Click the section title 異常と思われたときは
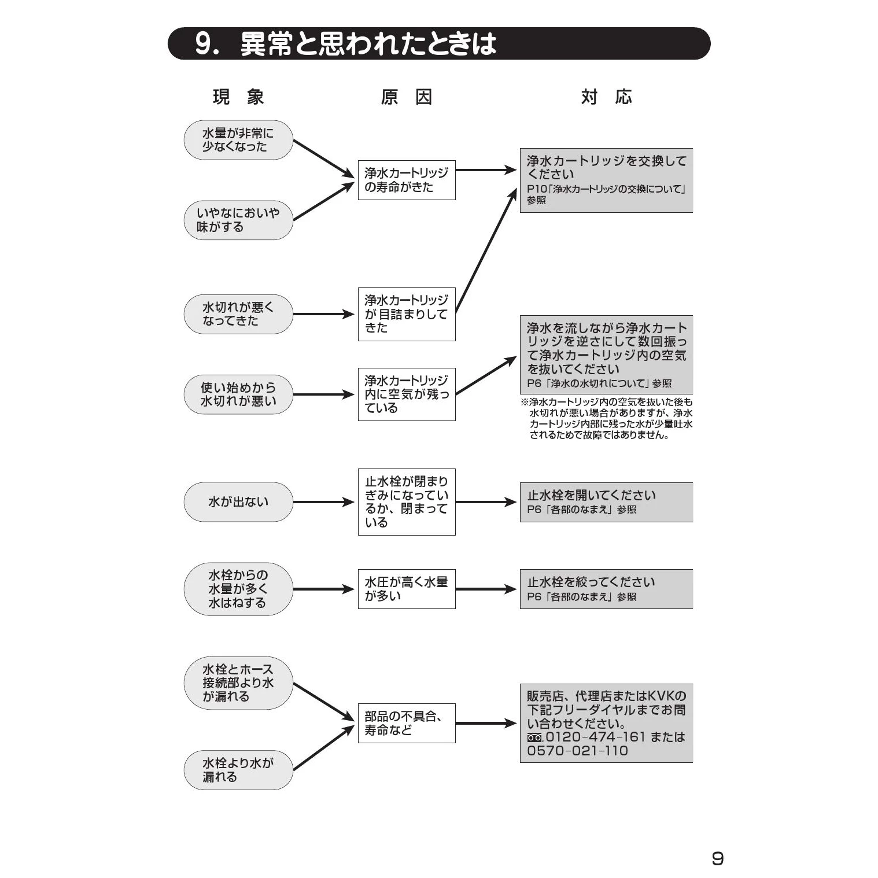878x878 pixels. pyautogui.click(x=368, y=44)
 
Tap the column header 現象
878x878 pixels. pyautogui.click(x=238, y=97)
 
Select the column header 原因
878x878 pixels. pyautogui.click(x=406, y=97)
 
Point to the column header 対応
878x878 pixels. pyautogui.click(x=606, y=97)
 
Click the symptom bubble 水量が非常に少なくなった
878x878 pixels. pyautogui.click(x=238, y=140)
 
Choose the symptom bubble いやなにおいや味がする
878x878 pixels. pyautogui.click(x=238, y=220)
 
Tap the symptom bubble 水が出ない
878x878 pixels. pyautogui.click(x=238, y=502)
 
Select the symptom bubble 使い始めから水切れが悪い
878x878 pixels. pyautogui.click(x=238, y=394)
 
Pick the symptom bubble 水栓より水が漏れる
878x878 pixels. pyautogui.click(x=238, y=770)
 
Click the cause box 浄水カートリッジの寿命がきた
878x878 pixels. pyautogui.click(x=406, y=180)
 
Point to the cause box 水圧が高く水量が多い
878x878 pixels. pyautogui.click(x=406, y=589)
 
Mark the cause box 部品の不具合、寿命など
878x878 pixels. pyautogui.click(x=406, y=723)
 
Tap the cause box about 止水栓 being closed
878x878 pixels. pyautogui.click(x=406, y=502)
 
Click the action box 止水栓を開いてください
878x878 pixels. pyautogui.click(x=606, y=502)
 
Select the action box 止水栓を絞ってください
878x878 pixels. pyautogui.click(x=606, y=589)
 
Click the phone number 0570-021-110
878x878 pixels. pyautogui.click(x=577, y=751)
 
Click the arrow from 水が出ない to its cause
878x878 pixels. pyautogui.click(x=323, y=502)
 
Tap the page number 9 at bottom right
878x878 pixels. pyautogui.click(x=717, y=858)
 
